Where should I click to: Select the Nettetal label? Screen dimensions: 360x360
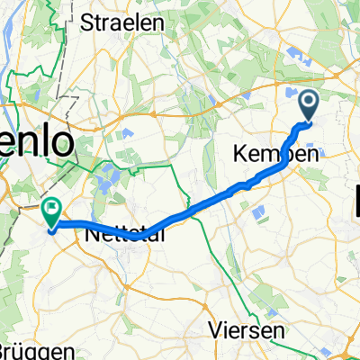tap(122, 236)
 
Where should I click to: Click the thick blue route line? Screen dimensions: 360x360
tap(198, 211)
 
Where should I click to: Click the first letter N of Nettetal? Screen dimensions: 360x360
tap(93, 236)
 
